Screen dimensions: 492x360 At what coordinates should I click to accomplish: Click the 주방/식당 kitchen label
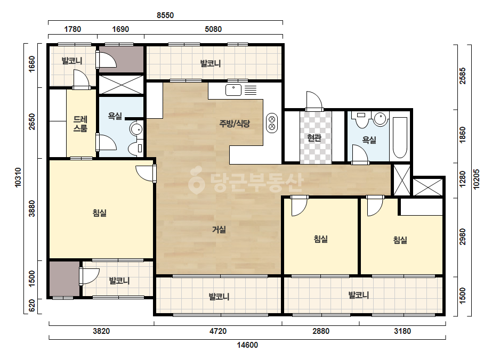coord(235,124)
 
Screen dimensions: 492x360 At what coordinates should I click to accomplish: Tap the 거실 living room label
coord(219,230)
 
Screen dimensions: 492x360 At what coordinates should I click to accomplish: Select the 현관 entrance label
coord(314,138)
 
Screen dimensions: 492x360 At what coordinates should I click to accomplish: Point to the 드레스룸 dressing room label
coord(80,124)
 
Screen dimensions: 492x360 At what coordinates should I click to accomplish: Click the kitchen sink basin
coord(233,90)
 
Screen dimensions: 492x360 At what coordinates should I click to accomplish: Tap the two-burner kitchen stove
coord(272,122)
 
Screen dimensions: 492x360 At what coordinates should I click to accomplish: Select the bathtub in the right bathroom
coord(400,138)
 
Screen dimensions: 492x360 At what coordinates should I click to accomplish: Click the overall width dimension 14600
coord(247,345)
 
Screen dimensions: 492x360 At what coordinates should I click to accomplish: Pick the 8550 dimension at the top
coord(165,15)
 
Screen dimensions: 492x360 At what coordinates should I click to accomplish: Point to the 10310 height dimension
coord(18,177)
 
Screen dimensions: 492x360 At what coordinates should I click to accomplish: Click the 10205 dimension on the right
coord(477,179)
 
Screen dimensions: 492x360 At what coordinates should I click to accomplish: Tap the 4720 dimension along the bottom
coord(218,331)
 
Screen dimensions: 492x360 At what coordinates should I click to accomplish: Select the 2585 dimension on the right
coord(463,76)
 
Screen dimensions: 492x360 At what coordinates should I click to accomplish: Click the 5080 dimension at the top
coord(213,29)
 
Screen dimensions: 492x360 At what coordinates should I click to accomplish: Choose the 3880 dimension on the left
coord(32,209)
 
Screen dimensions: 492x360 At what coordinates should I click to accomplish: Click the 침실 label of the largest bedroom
coord(100,213)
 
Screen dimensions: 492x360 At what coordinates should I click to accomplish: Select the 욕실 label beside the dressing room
coord(115,116)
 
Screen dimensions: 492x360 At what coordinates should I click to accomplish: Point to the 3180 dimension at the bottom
coord(402,331)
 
